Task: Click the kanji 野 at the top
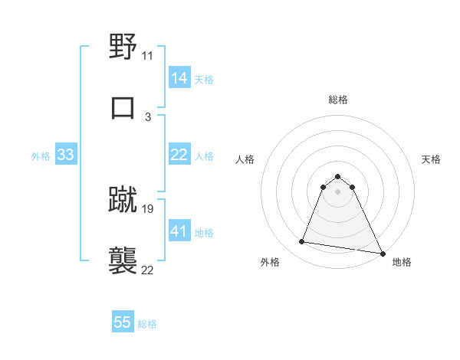(123, 47)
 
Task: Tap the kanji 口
(123, 107)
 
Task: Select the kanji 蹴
(123, 199)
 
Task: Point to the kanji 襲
(123, 260)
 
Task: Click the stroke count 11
(148, 56)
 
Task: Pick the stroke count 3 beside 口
(148, 117)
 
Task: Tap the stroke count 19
(148, 208)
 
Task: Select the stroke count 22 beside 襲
(148, 270)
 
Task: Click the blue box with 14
(179, 78)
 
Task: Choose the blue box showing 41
(179, 231)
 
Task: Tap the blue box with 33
(65, 155)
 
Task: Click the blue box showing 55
(123, 322)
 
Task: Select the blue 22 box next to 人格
(179, 155)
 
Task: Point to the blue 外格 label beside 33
(41, 156)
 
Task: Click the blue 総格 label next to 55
(147, 324)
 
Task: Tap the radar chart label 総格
(338, 100)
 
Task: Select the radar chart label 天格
(431, 159)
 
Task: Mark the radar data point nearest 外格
(302, 242)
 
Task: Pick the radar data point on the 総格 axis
(337, 176)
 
